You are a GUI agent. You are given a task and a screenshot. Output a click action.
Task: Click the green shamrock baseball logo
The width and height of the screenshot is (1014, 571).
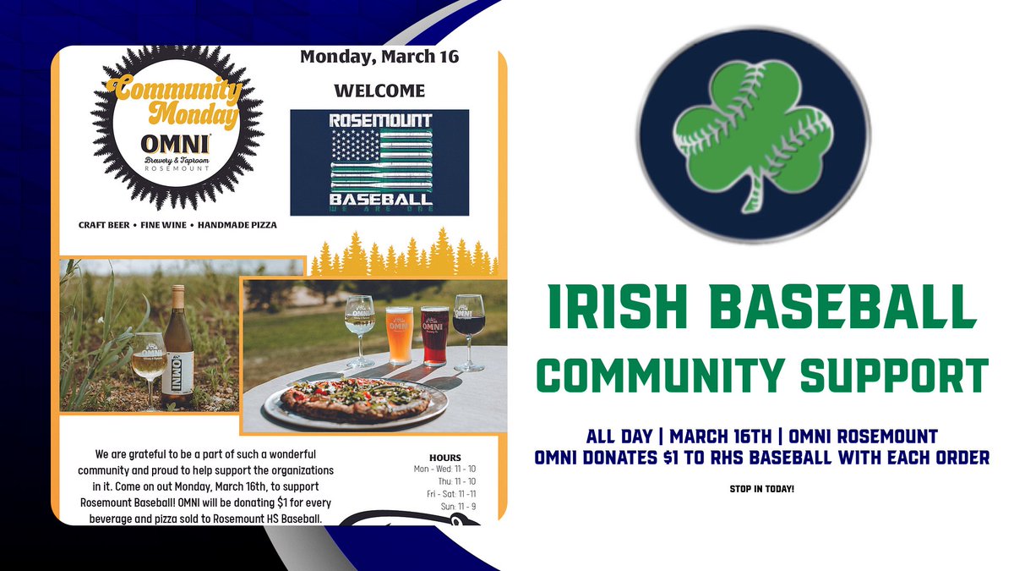(755, 139)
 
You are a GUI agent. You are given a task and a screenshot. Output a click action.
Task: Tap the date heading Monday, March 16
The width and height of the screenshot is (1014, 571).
(379, 58)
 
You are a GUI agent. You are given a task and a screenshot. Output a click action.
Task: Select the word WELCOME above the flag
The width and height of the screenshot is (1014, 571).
(379, 91)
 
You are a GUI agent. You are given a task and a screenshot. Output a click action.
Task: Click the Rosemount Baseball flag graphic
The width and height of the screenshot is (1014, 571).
(379, 162)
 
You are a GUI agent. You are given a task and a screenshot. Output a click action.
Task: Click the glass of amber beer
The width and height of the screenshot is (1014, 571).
(399, 334)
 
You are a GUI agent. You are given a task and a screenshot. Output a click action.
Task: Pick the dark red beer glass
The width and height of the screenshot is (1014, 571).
(435, 334)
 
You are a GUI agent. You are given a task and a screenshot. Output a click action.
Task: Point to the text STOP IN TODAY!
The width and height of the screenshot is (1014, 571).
(761, 490)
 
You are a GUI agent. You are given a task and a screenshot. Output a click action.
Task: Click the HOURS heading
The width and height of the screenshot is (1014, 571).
(444, 458)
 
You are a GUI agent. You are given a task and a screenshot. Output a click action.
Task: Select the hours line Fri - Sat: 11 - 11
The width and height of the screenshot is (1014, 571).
(445, 493)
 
